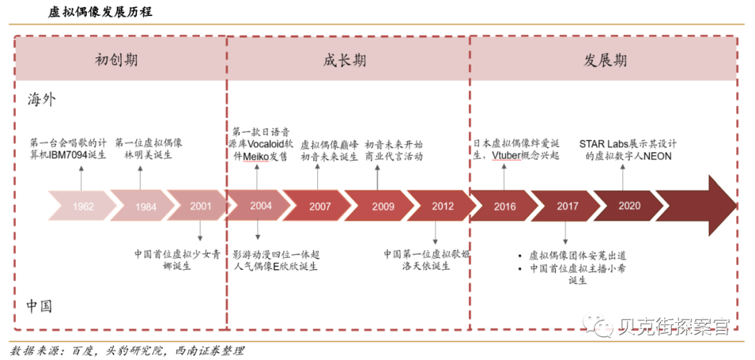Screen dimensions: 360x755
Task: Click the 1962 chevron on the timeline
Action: click(x=82, y=207)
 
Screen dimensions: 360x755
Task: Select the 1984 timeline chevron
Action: click(x=145, y=207)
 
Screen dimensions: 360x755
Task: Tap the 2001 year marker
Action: click(x=201, y=206)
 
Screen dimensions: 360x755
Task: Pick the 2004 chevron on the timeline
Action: click(x=261, y=206)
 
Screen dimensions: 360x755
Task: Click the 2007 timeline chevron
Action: click(x=320, y=207)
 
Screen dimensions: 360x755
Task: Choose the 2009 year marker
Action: click(x=382, y=207)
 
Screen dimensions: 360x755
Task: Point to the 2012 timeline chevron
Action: click(x=443, y=207)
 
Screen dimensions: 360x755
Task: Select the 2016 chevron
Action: click(x=505, y=207)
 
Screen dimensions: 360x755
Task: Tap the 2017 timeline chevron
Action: click(x=568, y=207)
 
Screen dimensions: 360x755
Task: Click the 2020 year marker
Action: click(x=629, y=206)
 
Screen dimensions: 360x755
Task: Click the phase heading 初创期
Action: click(x=116, y=60)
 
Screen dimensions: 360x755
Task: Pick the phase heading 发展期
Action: click(x=605, y=60)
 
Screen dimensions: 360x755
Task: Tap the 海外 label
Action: click(x=42, y=99)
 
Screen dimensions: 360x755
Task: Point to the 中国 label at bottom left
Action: click(x=41, y=306)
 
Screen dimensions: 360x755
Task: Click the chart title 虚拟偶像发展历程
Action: click(x=100, y=13)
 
